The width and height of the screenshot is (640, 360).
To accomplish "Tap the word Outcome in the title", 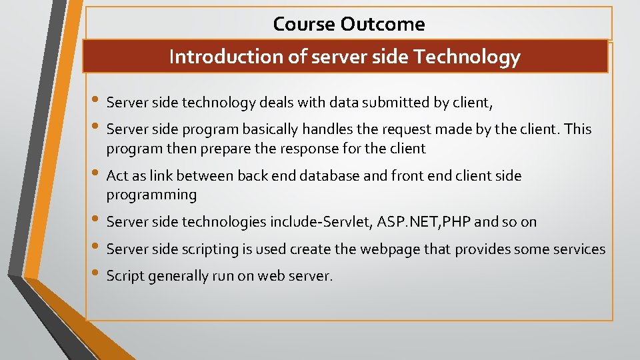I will pos(382,25).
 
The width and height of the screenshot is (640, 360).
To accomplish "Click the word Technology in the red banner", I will pos(467,57).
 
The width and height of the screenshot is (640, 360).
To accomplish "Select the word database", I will pos(330,176).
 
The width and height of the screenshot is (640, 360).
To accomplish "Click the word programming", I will pos(151,195).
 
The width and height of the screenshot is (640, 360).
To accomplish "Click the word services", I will pos(577,249).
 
